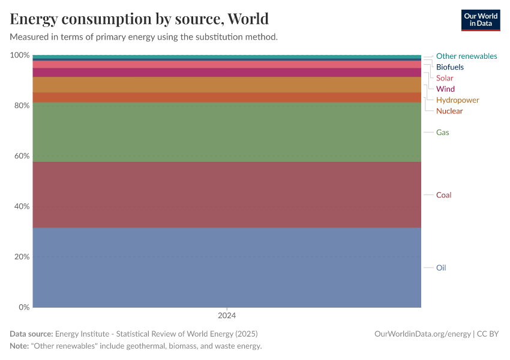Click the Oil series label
(441, 268)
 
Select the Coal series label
(443, 195)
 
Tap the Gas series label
(442, 132)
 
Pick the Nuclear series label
(449, 111)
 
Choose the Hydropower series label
(457, 100)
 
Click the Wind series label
(445, 89)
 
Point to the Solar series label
(445, 78)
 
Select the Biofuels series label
(449, 67)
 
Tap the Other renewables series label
(466, 56)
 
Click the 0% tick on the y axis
(23, 307)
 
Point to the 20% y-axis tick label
(21, 257)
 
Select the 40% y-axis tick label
(21, 206)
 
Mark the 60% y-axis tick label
(21, 156)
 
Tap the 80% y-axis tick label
(21, 106)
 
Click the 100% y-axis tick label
(20, 55)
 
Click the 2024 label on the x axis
(227, 315)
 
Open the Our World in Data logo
(480, 20)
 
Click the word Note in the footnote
(19, 346)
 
